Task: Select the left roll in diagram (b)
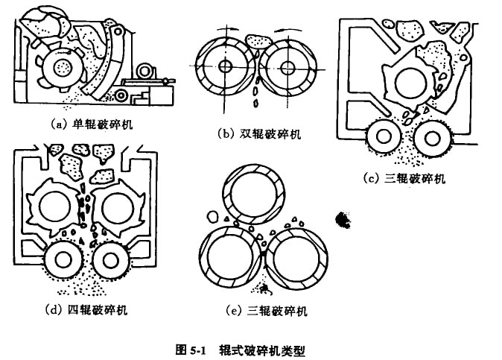click(224, 66)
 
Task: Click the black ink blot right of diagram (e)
click(344, 218)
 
